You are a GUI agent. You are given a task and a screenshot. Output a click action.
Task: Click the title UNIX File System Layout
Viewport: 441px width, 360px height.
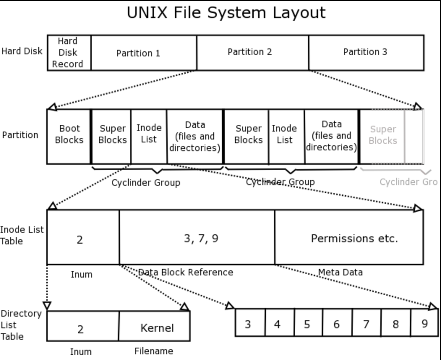(226, 13)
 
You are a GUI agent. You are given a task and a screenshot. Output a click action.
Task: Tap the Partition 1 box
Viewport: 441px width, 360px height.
(144, 53)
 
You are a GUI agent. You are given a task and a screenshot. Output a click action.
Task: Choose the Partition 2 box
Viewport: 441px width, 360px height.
(253, 52)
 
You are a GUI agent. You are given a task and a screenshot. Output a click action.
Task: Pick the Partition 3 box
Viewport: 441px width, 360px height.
(366, 52)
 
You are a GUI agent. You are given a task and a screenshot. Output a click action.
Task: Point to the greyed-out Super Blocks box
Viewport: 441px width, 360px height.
(382, 135)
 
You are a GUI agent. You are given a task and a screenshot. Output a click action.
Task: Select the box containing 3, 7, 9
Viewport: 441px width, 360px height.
(197, 238)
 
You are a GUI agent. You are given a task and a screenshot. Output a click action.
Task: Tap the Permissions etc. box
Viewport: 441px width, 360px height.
(349, 238)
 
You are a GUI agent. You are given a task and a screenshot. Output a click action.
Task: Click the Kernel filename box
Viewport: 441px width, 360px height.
(154, 327)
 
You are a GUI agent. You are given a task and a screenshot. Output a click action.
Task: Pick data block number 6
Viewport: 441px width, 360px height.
(337, 324)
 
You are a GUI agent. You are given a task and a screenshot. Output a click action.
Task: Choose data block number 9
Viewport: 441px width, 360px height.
(425, 323)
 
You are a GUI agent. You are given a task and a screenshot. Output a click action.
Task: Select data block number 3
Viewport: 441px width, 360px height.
(248, 324)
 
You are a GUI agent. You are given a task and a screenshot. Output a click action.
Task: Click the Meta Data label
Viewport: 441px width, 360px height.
(340, 272)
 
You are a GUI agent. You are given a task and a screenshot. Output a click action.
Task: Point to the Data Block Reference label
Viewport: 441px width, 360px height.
(186, 272)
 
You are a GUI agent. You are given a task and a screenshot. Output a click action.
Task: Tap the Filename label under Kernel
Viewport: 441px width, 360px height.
(154, 351)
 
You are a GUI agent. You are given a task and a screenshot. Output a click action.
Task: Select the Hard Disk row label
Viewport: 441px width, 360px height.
(22, 51)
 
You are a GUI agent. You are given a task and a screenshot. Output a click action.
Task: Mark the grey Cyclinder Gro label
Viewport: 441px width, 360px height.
(408, 181)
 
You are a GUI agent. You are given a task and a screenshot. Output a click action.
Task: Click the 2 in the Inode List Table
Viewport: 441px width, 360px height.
(80, 239)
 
